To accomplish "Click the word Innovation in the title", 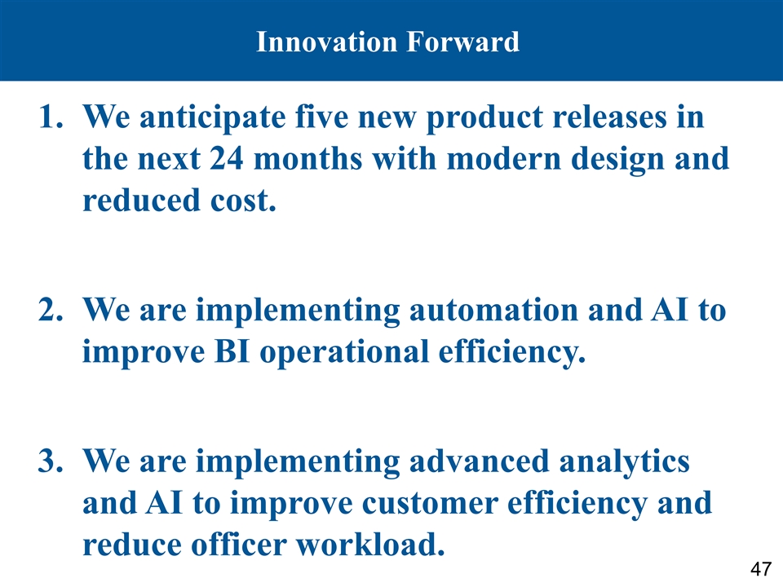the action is (x=326, y=42).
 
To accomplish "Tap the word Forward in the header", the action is (x=463, y=42).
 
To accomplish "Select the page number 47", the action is (x=761, y=568).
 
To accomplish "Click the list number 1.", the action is (x=51, y=117).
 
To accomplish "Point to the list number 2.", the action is (x=51, y=310).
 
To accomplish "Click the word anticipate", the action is (x=213, y=119).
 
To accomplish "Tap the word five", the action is (x=321, y=117).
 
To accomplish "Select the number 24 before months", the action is (x=227, y=159).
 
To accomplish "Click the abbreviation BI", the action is (x=232, y=351).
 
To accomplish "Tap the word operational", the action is (x=344, y=354).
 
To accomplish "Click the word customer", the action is (x=430, y=503).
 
